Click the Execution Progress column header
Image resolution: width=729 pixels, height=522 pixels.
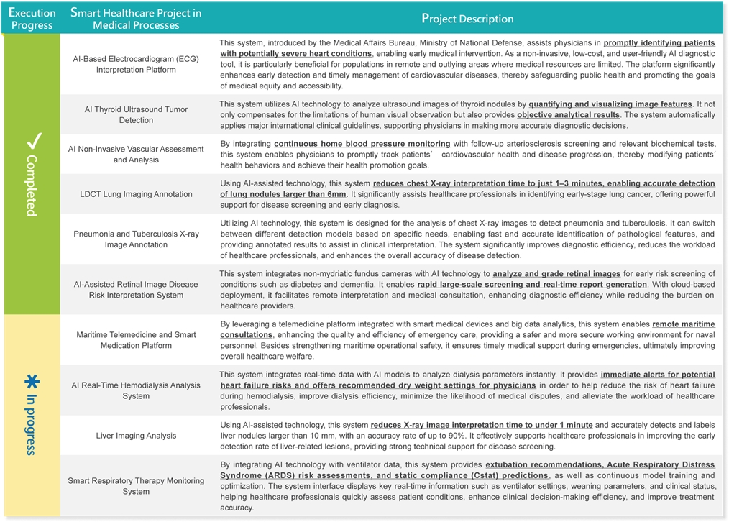(x=32, y=19)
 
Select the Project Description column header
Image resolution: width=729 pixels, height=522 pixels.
(x=467, y=19)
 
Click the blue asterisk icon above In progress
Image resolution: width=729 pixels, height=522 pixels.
(x=32, y=383)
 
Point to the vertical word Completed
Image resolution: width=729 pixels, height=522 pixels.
(x=32, y=185)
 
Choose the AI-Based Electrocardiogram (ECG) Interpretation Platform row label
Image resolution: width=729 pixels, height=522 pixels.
(x=136, y=64)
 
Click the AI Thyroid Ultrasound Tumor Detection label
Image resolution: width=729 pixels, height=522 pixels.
(x=136, y=114)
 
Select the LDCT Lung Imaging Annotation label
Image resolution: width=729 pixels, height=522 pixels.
(x=136, y=194)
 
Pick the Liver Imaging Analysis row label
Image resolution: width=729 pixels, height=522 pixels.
(x=136, y=436)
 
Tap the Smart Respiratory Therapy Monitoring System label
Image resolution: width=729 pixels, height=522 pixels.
(x=136, y=486)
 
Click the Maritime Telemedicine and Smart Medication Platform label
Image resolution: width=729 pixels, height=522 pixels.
(x=136, y=340)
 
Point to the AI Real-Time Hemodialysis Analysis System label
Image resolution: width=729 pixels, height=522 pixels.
(x=136, y=390)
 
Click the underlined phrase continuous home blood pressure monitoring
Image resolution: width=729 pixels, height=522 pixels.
(x=362, y=144)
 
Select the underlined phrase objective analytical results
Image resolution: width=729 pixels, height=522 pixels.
(x=568, y=115)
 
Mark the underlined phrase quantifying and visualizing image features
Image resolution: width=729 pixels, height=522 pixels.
(x=610, y=104)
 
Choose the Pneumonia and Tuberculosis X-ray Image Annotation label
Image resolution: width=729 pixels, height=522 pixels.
(x=136, y=239)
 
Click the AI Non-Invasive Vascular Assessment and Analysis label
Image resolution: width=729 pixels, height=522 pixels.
(x=136, y=154)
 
